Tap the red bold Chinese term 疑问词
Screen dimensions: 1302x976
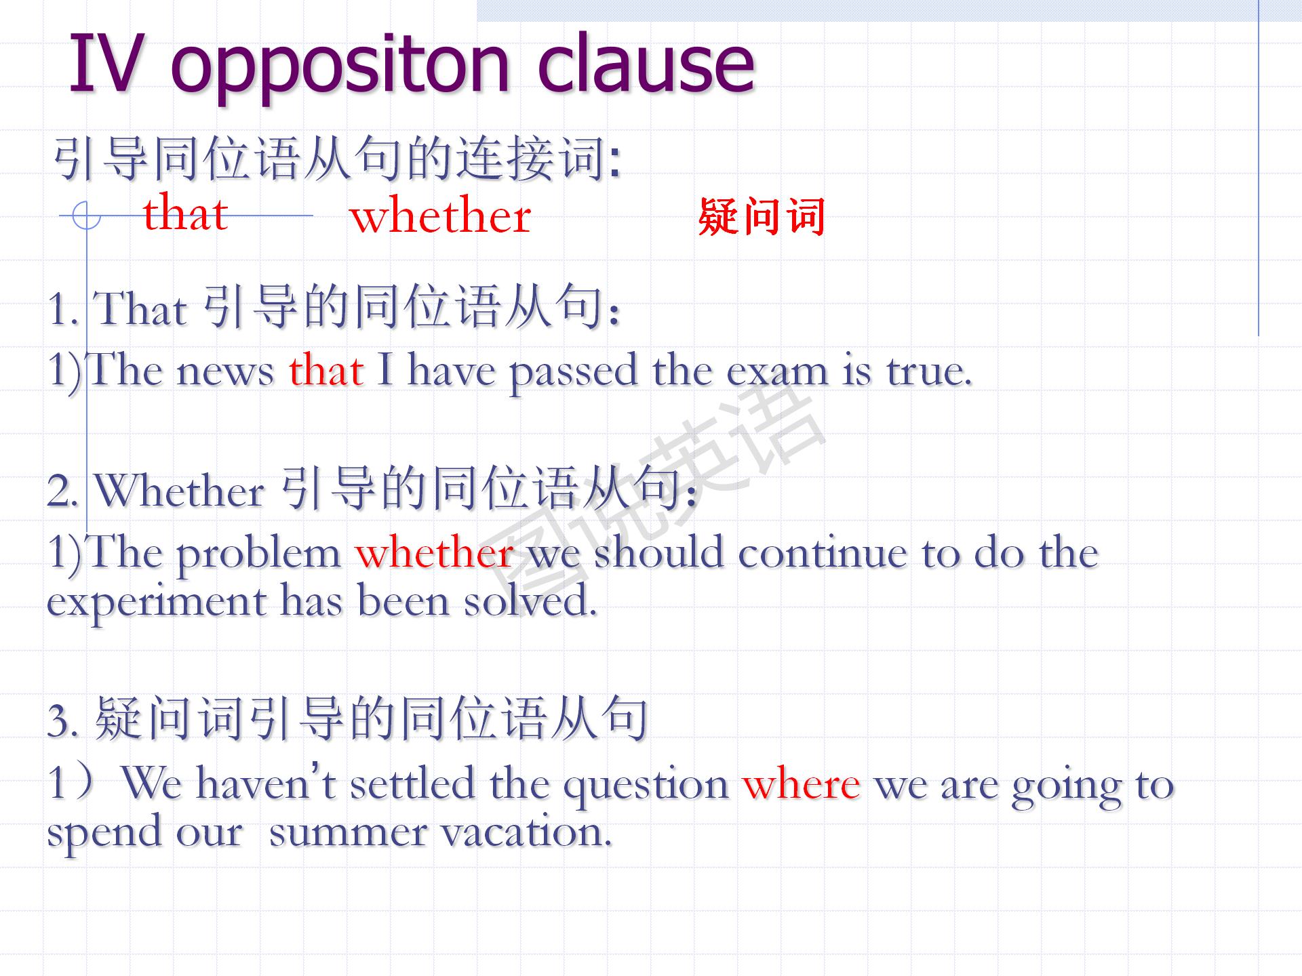coord(762,217)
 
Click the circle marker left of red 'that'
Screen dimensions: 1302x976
coord(86,216)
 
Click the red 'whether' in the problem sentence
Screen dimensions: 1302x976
coord(434,552)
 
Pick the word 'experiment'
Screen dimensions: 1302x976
coord(157,603)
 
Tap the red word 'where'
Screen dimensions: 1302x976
coord(802,785)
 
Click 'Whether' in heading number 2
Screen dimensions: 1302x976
coord(180,489)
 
